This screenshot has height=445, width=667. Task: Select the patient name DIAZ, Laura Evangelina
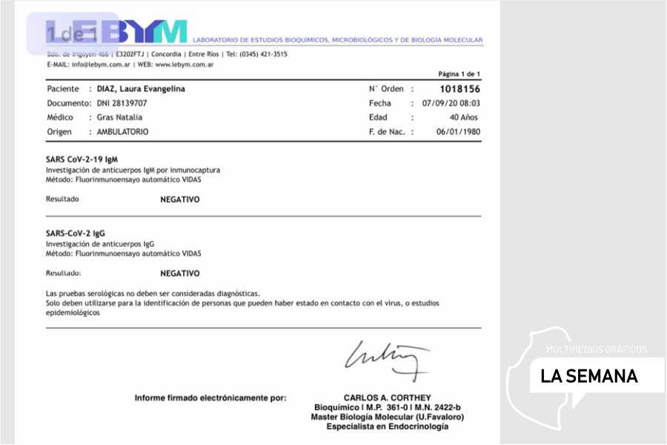tap(141, 89)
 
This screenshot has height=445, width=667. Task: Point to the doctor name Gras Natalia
tap(119, 117)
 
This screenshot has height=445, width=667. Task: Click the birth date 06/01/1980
tap(458, 131)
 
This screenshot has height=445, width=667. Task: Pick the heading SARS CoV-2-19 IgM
tap(82, 159)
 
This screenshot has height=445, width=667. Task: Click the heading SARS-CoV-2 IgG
tap(76, 233)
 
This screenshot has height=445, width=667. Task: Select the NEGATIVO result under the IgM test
tap(180, 200)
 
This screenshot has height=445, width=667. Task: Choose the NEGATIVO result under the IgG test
tap(180, 273)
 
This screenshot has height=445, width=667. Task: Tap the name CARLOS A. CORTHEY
tap(387, 398)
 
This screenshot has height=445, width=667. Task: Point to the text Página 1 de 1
tap(459, 74)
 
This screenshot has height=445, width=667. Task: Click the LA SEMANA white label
tap(589, 376)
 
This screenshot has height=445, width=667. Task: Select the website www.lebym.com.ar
tap(185, 65)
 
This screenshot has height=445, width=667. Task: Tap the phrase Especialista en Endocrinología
tap(387, 426)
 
